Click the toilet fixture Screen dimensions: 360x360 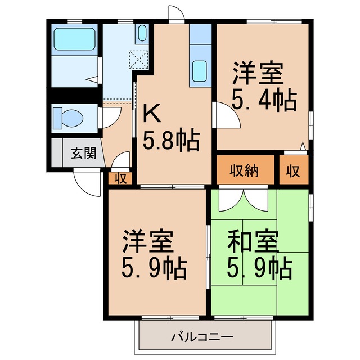pyautogui.click(x=67, y=118)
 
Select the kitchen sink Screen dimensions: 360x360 pyautogui.click(x=200, y=70)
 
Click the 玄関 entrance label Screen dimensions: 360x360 pyautogui.click(x=83, y=153)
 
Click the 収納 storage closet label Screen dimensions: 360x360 pyautogui.click(x=244, y=170)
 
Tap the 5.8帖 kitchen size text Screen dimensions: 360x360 pyautogui.click(x=170, y=141)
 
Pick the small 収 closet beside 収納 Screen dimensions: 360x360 pyautogui.click(x=293, y=170)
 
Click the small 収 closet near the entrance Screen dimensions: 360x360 pyautogui.click(x=120, y=179)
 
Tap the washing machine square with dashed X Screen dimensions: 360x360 pyautogui.click(x=138, y=58)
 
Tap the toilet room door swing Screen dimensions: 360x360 pyautogui.click(x=109, y=118)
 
